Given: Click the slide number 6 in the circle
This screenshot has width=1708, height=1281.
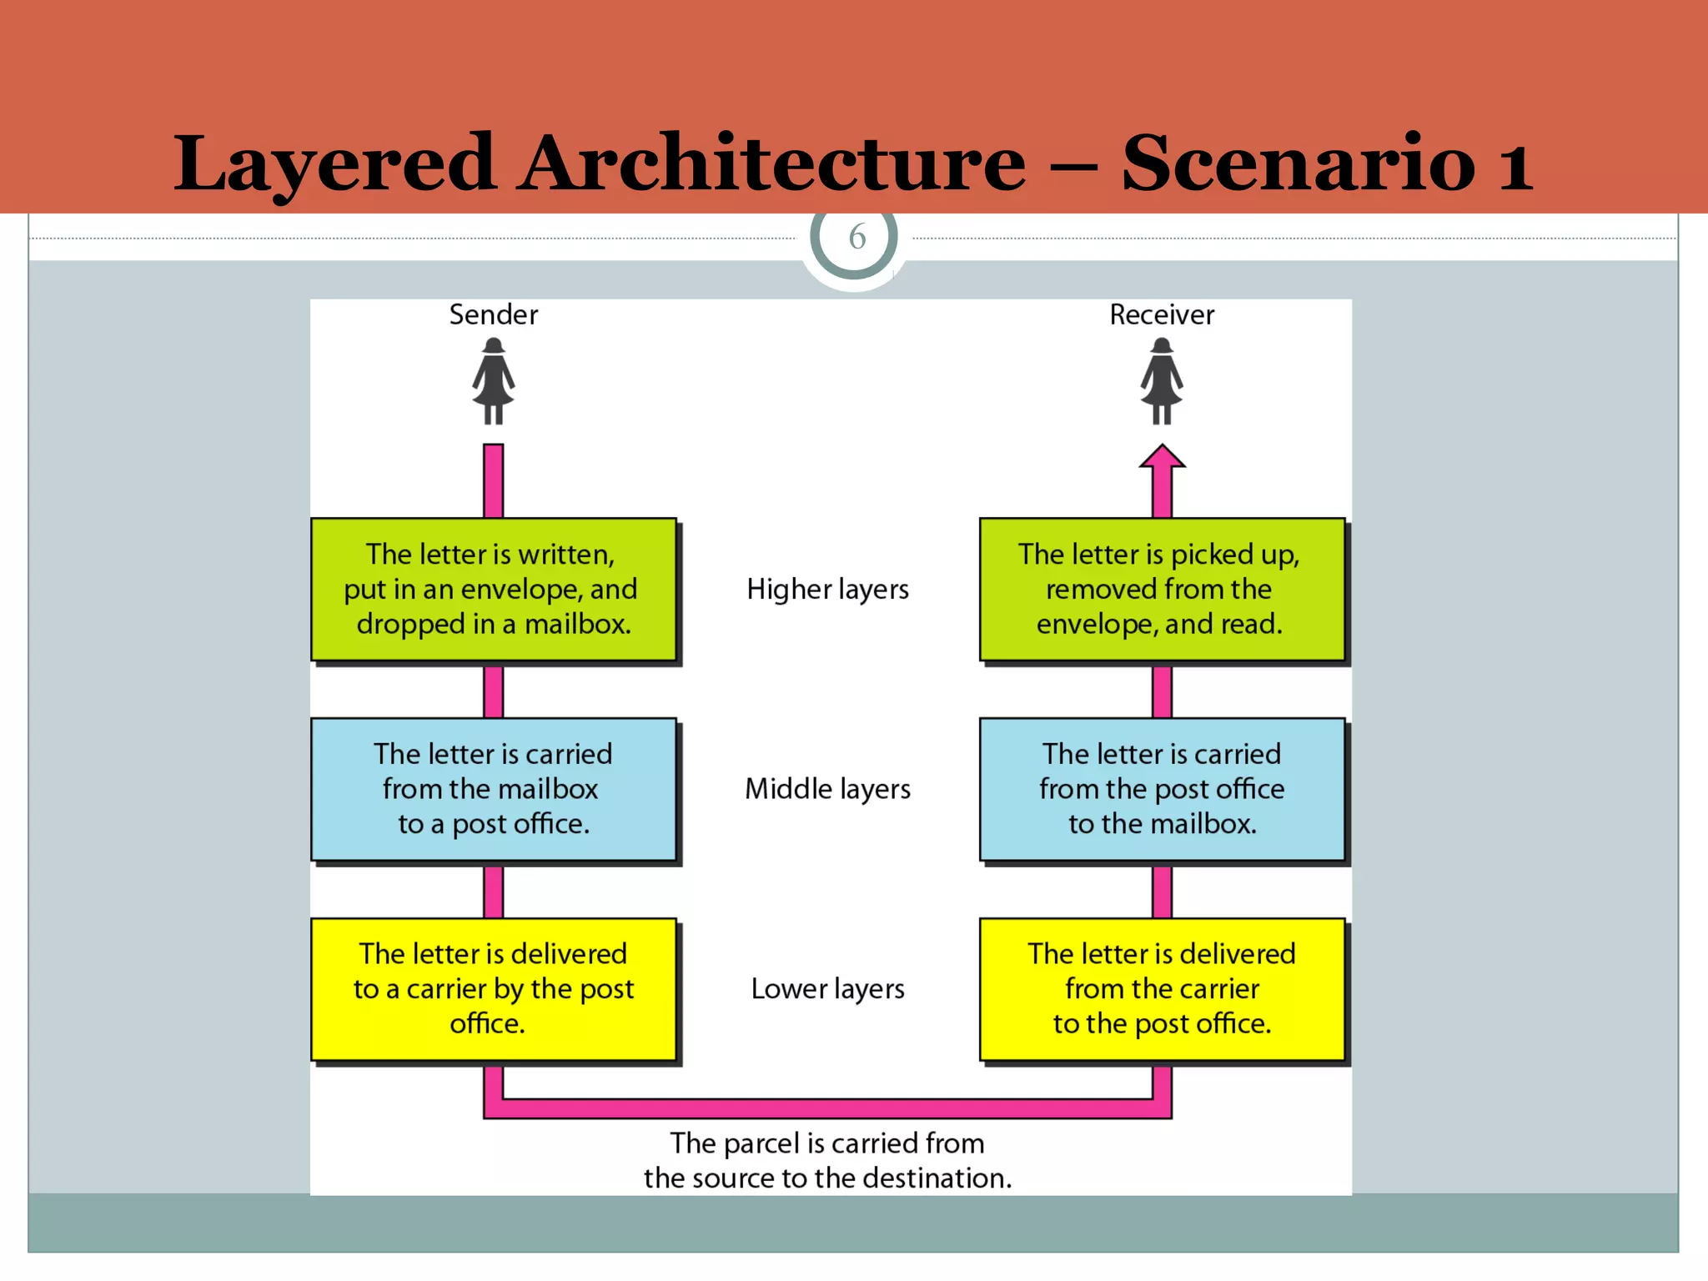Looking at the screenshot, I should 857,237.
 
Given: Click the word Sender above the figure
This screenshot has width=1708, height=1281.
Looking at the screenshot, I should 493,314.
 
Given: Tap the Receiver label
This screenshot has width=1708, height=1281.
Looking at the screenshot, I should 1161,314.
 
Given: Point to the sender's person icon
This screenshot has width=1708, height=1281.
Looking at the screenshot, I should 493,381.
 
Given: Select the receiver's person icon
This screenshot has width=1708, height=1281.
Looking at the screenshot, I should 1161,381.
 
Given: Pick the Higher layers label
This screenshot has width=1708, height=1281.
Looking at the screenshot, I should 827,589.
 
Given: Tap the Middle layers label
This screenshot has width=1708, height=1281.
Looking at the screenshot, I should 827,788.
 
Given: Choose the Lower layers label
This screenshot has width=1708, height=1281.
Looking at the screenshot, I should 827,988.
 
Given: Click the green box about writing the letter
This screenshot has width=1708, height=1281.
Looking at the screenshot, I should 493,589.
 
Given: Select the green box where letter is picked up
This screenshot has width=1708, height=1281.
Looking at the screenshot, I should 1161,589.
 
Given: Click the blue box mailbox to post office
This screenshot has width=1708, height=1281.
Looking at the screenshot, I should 493,788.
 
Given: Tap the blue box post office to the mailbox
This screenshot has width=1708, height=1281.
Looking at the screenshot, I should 1161,788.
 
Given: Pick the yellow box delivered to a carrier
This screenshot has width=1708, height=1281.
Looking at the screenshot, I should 493,988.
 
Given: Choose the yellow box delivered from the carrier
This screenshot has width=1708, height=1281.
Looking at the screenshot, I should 1161,988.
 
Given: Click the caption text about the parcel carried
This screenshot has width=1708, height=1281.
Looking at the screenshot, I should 827,1160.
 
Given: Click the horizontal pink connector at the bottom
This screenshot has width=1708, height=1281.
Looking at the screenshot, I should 827,1108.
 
